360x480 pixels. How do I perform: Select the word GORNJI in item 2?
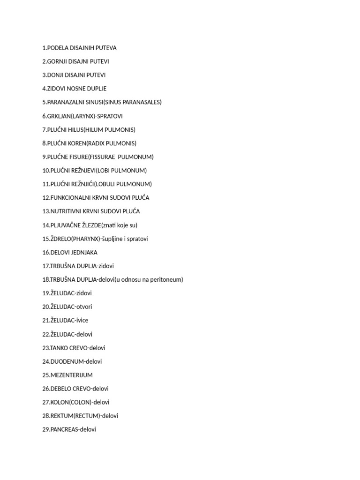58,61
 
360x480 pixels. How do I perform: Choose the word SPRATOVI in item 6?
111,116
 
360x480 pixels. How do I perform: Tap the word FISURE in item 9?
78,157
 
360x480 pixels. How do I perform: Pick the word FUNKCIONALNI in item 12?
73,198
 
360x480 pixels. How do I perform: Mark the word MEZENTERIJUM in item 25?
71,375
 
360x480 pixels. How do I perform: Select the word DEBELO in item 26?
60,389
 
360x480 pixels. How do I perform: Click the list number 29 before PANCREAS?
45,429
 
